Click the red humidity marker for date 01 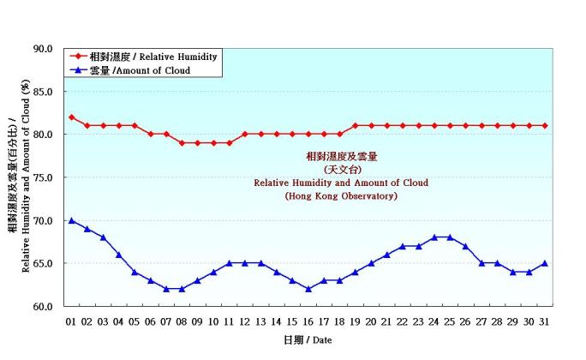tap(71, 117)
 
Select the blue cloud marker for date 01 tap(71, 220)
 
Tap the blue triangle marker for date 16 tap(308, 289)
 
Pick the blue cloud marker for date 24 tap(434, 237)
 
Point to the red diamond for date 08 tap(182, 143)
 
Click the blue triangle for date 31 tap(545, 263)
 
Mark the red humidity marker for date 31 tap(545, 126)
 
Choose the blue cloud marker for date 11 tap(230, 263)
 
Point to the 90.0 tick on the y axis tap(44, 49)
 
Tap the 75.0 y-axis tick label tap(44, 177)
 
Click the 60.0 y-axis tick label tap(44, 306)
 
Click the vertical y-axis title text tap(18, 177)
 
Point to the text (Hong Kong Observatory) tap(340, 196)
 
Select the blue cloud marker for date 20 tap(371, 263)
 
